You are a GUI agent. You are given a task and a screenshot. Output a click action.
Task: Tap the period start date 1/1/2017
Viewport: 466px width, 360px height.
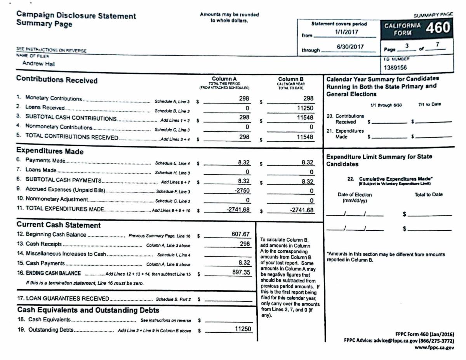[347, 32]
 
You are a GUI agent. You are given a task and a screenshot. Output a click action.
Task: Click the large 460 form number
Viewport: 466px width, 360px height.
[437, 28]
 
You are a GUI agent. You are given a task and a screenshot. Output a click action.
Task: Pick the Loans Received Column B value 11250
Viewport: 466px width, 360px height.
[305, 108]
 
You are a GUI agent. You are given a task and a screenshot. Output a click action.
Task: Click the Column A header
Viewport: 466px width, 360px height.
[224, 79]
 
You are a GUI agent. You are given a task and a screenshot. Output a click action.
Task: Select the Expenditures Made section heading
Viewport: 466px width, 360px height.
[50, 151]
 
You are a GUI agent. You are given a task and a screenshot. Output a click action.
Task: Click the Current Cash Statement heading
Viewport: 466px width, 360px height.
[59, 225]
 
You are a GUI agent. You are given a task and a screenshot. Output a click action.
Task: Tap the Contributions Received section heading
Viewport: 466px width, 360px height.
[57, 80]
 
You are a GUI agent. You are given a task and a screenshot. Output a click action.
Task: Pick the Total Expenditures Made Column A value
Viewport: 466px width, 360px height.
[238, 209]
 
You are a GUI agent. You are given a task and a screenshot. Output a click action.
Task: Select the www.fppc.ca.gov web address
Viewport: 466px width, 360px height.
[434, 348]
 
